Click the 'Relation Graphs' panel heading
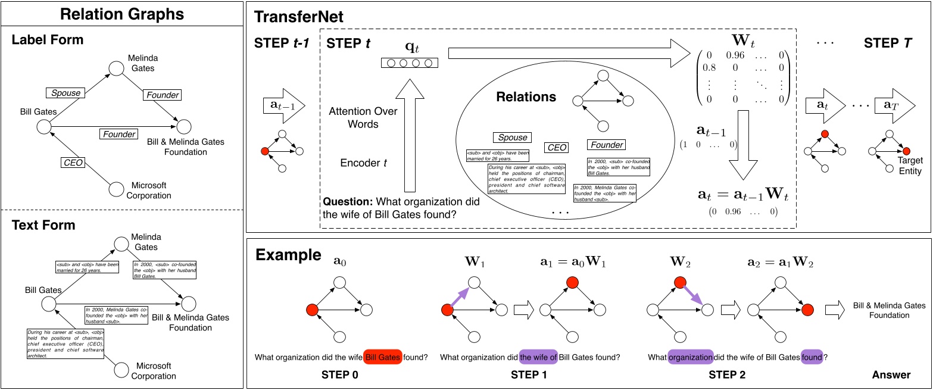coord(122,14)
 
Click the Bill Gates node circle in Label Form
coord(43,126)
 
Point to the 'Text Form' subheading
coord(43,225)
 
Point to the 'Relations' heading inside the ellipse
coord(526,97)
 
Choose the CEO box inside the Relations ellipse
coord(556,148)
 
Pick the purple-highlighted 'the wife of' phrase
coord(539,357)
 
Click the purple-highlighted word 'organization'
coord(690,358)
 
